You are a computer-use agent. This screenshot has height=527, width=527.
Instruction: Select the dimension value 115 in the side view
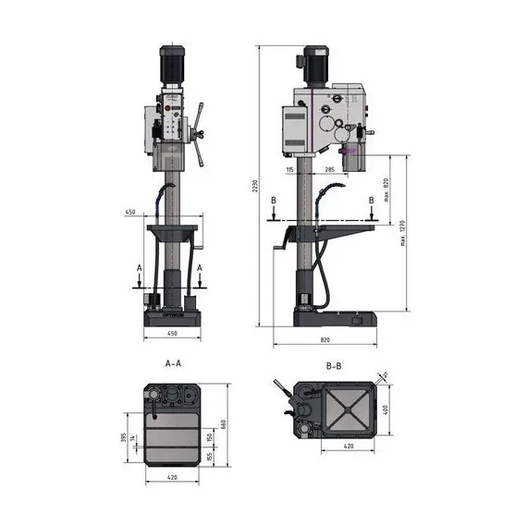(x=290, y=170)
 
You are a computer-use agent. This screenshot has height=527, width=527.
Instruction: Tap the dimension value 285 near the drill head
(x=330, y=170)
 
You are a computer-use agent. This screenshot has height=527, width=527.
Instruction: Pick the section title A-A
(x=172, y=364)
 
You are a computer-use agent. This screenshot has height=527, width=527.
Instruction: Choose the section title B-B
(x=334, y=366)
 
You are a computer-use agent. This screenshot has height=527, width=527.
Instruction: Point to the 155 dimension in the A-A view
(x=210, y=456)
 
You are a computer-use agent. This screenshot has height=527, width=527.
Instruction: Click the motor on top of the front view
(x=172, y=63)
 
